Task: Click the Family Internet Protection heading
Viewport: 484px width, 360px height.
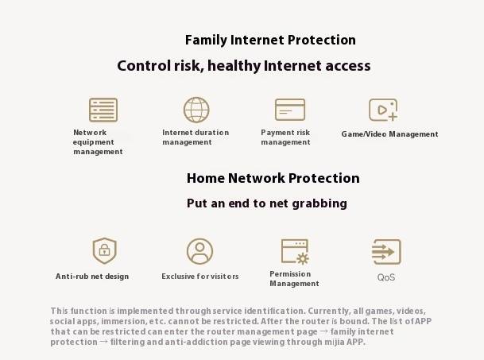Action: click(x=270, y=41)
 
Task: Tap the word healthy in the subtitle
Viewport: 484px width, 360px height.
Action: click(x=234, y=67)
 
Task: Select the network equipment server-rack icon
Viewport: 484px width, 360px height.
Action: click(x=103, y=110)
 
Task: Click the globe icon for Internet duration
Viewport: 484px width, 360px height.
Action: click(x=196, y=110)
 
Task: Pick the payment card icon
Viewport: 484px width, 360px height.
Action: click(x=290, y=110)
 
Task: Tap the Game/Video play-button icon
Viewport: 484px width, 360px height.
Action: click(x=383, y=110)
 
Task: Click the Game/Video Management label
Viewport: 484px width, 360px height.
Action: click(x=389, y=134)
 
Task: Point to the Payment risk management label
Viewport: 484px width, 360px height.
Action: click(x=285, y=137)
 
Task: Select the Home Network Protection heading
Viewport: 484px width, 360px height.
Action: click(x=273, y=178)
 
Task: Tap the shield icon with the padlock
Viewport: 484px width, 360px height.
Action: click(x=105, y=250)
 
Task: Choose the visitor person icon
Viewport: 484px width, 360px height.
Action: click(x=199, y=251)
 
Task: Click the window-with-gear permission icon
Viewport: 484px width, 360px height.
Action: click(x=295, y=252)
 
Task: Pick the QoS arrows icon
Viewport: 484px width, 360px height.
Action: click(x=386, y=252)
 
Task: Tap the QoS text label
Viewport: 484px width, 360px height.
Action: click(x=386, y=277)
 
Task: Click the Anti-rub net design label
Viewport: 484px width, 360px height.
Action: click(x=92, y=277)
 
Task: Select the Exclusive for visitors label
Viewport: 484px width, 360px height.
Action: click(x=200, y=277)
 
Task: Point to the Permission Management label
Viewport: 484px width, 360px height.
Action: click(x=294, y=278)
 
